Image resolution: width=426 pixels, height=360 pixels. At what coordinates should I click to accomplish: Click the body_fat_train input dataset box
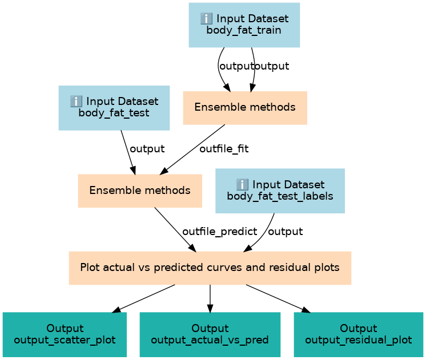[244, 25]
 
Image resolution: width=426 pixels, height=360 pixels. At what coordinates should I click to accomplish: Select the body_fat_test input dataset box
[114, 108]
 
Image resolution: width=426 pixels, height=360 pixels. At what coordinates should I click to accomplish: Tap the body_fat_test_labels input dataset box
[280, 191]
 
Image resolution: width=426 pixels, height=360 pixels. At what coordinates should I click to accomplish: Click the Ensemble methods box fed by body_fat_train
[245, 108]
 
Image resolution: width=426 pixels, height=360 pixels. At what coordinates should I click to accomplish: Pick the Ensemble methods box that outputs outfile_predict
[140, 191]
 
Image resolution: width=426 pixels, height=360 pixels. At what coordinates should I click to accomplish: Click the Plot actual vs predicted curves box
[210, 268]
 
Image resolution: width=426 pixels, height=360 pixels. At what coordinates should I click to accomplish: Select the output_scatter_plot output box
[65, 334]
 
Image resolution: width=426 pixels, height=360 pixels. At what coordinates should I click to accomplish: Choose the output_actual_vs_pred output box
[210, 334]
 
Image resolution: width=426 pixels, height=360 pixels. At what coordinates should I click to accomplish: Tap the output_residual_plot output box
[359, 334]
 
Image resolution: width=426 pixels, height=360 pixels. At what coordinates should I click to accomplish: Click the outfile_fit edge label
[224, 149]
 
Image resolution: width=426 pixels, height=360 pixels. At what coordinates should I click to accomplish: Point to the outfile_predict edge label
[219, 232]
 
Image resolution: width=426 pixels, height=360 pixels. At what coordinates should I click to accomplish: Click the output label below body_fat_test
[147, 149]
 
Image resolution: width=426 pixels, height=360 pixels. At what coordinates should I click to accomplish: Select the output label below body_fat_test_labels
[286, 232]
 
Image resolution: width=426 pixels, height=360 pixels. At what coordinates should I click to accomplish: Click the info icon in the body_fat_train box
[206, 19]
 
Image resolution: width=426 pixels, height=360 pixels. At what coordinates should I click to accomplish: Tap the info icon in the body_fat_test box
[76, 102]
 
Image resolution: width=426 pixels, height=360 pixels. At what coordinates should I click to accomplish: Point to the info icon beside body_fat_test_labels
[242, 185]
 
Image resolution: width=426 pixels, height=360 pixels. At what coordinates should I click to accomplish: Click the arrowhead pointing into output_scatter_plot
[116, 310]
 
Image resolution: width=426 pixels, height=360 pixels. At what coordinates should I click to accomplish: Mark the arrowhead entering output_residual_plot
[306, 310]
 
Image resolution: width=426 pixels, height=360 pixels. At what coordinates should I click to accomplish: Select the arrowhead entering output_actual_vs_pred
[210, 309]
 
